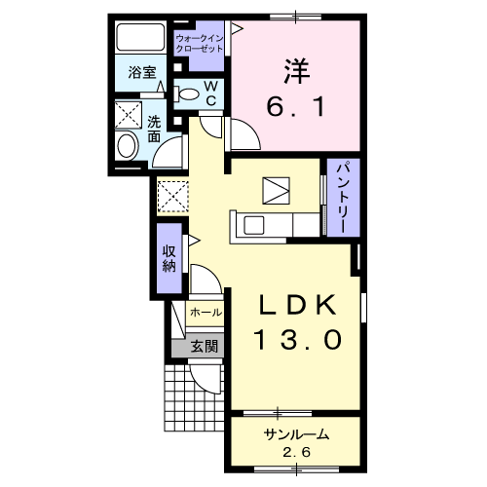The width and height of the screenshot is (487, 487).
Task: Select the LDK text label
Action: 298,306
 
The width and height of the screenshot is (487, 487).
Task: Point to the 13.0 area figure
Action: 298,340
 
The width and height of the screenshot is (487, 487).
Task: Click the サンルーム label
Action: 294,434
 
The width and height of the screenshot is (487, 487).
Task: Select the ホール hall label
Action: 206,314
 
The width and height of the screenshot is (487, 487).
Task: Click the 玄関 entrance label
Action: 204,345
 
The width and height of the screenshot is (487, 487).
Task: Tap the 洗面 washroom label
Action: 156,130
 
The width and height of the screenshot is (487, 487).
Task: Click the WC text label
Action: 210,93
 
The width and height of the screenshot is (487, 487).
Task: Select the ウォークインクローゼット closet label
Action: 200,43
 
